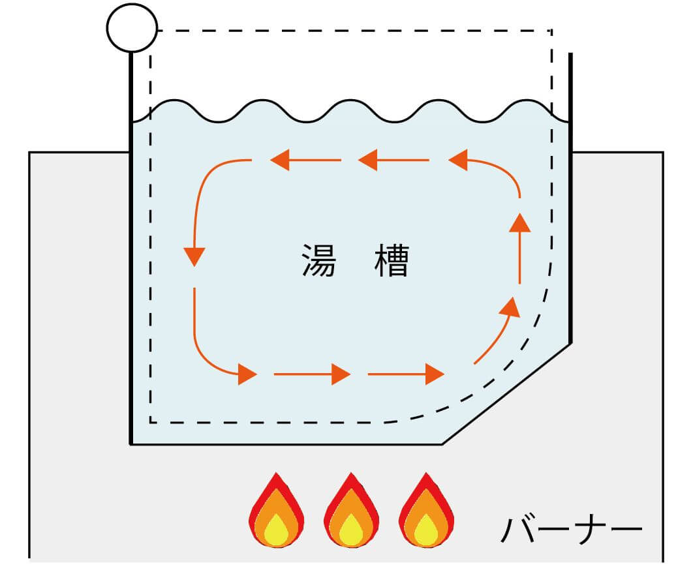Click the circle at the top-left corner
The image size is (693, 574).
pyautogui.click(x=132, y=27)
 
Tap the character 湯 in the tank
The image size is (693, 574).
pyautogui.click(x=319, y=260)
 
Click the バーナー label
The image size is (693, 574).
pyautogui.click(x=571, y=530)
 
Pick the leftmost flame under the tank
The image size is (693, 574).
pyautogui.click(x=277, y=511)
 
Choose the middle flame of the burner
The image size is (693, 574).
pyautogui.click(x=351, y=511)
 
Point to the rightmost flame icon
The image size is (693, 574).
pyautogui.click(x=426, y=511)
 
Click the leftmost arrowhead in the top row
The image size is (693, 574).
pyautogui.click(x=281, y=160)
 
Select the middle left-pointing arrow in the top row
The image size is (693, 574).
pyautogui.click(x=367, y=160)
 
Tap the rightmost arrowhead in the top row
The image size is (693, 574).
pyautogui.click(x=458, y=160)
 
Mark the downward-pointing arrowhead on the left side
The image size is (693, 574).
pyautogui.click(x=194, y=256)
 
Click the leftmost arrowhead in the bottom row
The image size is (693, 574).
pyautogui.click(x=247, y=374)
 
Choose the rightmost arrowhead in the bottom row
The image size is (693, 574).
pyautogui.click(x=435, y=374)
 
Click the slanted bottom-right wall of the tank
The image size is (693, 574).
pyautogui.click(x=507, y=393)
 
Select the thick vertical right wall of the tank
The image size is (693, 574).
pyautogui.click(x=571, y=196)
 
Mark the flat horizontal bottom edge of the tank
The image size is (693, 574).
pyautogui.click(x=287, y=444)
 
